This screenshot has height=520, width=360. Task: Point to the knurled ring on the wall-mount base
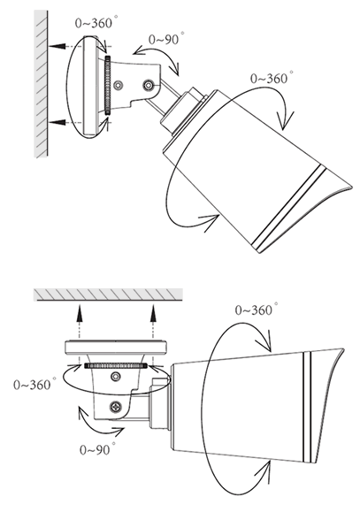[107, 86]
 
